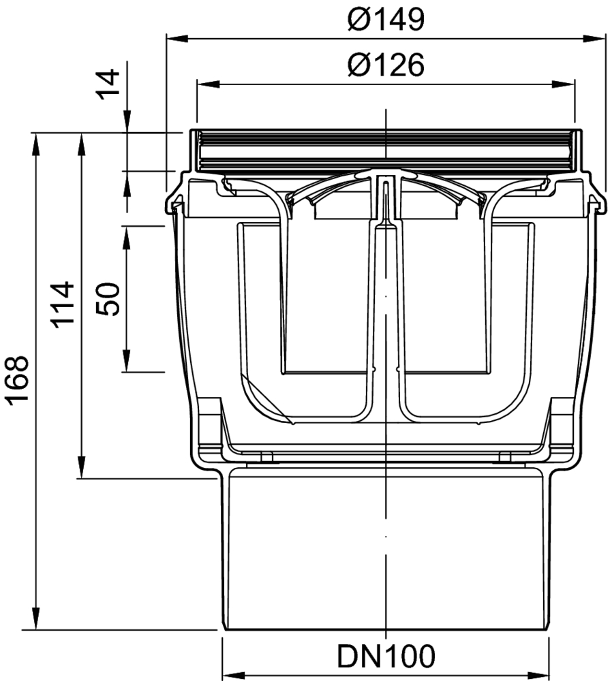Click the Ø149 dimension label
click(x=386, y=20)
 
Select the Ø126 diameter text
click(x=386, y=65)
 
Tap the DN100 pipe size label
click(x=386, y=656)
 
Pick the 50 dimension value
click(x=108, y=299)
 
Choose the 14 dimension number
click(x=108, y=84)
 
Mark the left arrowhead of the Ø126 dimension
click(x=208, y=84)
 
